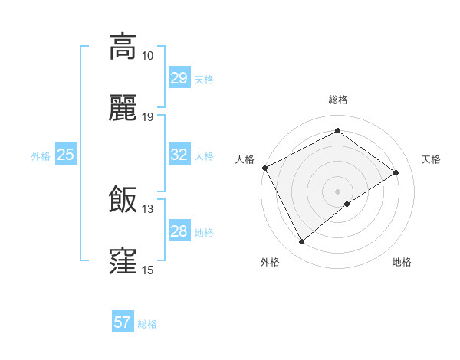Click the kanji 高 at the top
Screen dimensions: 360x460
[x=123, y=47]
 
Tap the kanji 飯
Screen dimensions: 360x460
[x=123, y=200]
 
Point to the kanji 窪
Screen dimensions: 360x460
[x=123, y=261]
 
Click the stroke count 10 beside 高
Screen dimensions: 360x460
[x=148, y=56]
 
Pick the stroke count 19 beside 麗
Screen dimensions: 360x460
[x=148, y=117]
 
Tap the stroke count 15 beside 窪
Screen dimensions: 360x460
[x=148, y=270]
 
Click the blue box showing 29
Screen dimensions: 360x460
[x=179, y=78]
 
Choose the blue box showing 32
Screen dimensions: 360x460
[x=179, y=155]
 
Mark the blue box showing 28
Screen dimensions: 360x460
[x=179, y=231]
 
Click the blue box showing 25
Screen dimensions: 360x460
[x=66, y=155]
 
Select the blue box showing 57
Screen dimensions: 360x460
[x=123, y=322]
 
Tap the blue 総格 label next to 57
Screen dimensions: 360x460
[x=147, y=324]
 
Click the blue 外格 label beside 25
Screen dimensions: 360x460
[x=41, y=156]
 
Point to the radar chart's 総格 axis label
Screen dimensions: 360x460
[x=337, y=100]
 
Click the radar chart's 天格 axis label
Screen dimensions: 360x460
[x=431, y=159]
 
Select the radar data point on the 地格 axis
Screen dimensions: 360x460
[x=347, y=204]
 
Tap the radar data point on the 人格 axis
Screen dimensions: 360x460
[x=264, y=168]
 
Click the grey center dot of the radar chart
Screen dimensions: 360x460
[x=337, y=191]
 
